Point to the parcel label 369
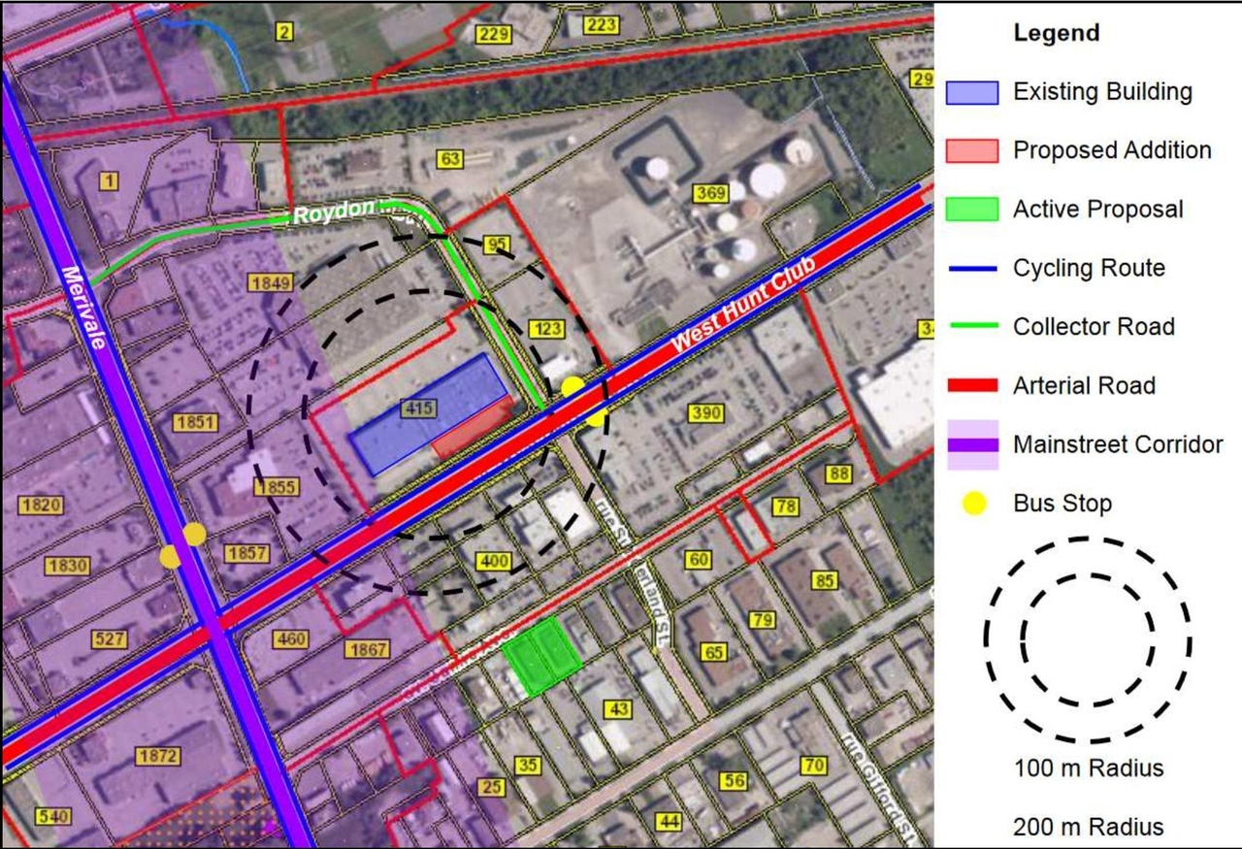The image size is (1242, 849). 710,194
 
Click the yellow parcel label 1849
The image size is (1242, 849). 270,283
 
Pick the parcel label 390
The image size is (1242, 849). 706,413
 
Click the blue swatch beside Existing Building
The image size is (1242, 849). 971,92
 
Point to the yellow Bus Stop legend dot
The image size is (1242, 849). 972,504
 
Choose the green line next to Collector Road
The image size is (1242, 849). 971,327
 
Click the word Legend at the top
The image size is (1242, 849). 1057,33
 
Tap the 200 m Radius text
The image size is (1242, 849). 1088,828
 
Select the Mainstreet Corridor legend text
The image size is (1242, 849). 1118,444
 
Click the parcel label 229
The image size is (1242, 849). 494,35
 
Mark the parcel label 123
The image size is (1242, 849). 547,329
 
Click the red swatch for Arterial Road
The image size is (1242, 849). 971,385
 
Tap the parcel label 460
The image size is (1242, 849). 291,639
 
